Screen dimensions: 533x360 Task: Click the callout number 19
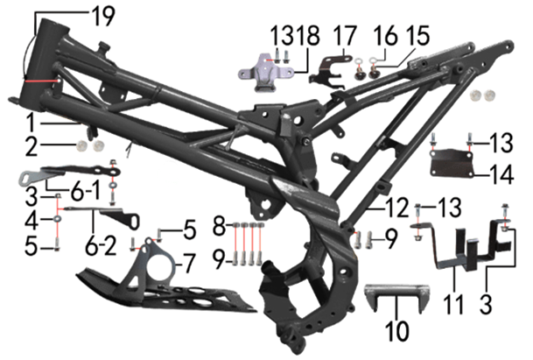[x=103, y=16]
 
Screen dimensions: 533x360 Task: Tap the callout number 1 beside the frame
[x=31, y=123]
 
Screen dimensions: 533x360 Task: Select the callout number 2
[x=32, y=146]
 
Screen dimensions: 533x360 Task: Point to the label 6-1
[x=86, y=191]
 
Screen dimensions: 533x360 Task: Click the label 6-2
[x=101, y=245]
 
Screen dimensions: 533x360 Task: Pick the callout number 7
[x=189, y=265]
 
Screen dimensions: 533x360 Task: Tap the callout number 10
[x=397, y=330]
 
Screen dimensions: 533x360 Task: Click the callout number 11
[x=453, y=305]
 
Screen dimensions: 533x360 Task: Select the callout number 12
[x=396, y=208]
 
